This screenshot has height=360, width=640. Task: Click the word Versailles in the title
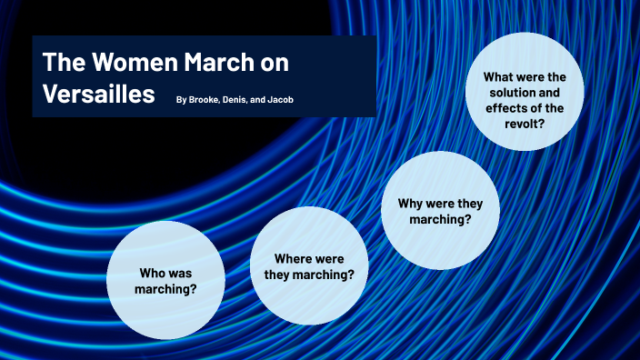pyautogui.click(x=98, y=94)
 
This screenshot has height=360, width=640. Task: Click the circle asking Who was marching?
pyautogui.click(x=166, y=280)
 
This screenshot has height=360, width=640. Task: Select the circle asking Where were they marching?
pyautogui.click(x=309, y=265)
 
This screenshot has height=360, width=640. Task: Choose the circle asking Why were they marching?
pyautogui.click(x=440, y=211)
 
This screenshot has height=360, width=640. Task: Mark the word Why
pyautogui.click(x=409, y=203)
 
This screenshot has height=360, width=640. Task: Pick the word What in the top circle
pyautogui.click(x=498, y=77)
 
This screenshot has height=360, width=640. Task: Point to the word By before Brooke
pyautogui.click(x=182, y=98)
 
